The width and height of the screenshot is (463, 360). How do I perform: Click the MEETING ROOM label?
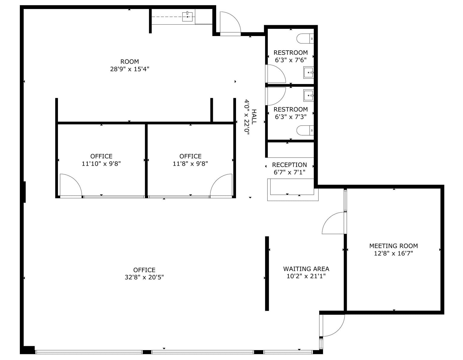[x=393, y=246]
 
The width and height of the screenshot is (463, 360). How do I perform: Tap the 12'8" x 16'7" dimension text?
[x=393, y=253]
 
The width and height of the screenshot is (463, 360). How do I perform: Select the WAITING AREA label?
[x=306, y=269]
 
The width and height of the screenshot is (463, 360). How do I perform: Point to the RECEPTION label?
[x=289, y=165]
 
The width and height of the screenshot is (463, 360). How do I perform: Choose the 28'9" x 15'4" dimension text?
[x=130, y=69]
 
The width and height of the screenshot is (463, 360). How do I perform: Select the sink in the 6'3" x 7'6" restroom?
[x=308, y=73]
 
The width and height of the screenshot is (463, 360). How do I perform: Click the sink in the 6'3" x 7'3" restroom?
[x=308, y=96]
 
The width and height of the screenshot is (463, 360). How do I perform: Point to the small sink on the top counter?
[x=187, y=16]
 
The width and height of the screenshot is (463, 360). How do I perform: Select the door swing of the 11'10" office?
[x=70, y=185]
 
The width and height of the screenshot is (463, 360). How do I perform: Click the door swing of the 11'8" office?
[x=222, y=185]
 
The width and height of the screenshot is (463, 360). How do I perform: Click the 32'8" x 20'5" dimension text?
[x=144, y=277]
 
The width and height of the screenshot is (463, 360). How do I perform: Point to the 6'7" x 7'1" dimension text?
[x=289, y=172]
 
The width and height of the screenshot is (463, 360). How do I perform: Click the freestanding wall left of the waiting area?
[x=267, y=273]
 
